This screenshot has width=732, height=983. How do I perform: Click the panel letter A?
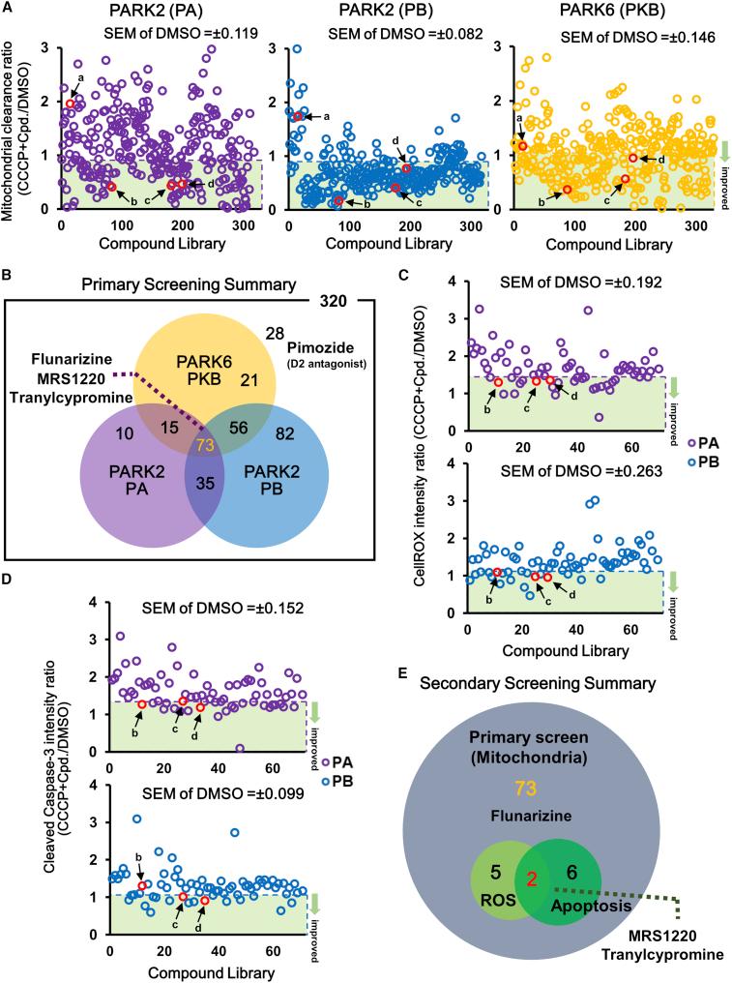point(8,9)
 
